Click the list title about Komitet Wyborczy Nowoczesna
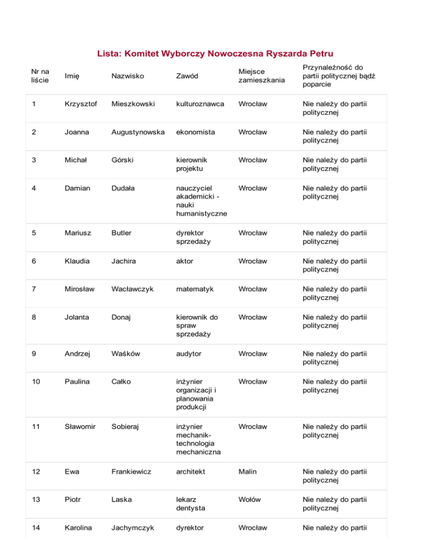pyautogui.click(x=216, y=54)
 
